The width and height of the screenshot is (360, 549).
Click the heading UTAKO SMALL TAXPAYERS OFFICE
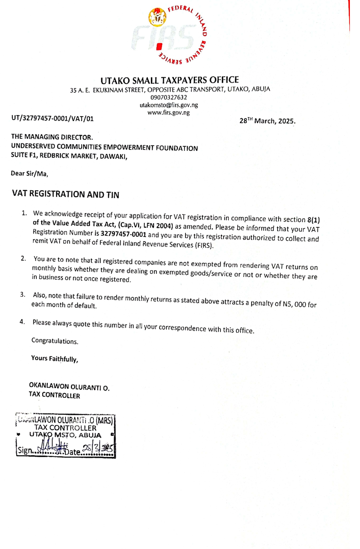pos(170,80)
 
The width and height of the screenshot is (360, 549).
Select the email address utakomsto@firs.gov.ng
pos(169,105)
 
